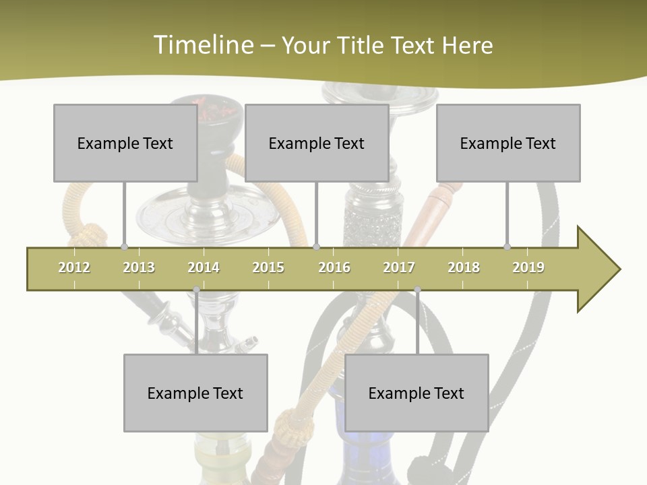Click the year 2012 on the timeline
click(74, 267)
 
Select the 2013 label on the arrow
click(139, 267)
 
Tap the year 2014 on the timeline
click(204, 267)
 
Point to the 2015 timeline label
click(268, 267)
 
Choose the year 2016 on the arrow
click(334, 267)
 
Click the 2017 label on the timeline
click(399, 267)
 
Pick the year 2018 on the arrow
click(464, 267)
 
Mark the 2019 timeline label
click(528, 267)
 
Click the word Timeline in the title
click(202, 45)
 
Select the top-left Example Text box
click(125, 143)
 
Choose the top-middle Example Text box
click(317, 143)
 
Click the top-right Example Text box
click(508, 143)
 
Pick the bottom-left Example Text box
click(195, 393)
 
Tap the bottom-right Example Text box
click(417, 393)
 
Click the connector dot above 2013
click(124, 247)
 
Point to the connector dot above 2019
click(507, 247)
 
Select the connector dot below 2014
click(196, 290)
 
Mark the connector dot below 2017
click(417, 290)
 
